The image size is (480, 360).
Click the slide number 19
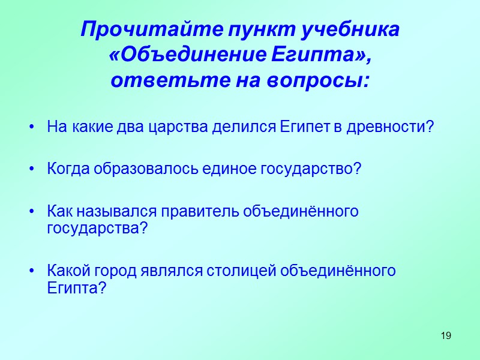[x=445, y=335]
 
